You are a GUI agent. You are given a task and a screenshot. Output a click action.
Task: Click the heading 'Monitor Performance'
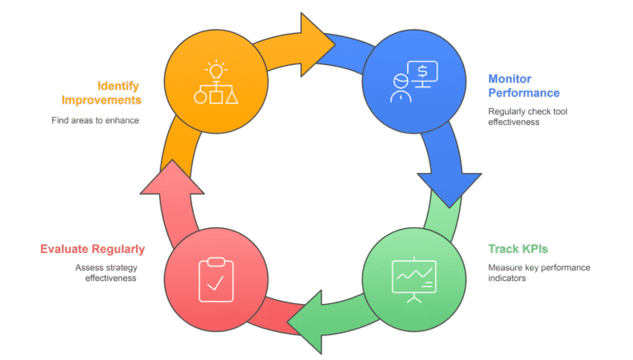(x=523, y=86)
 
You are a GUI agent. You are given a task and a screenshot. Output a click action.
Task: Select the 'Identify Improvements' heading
(x=101, y=93)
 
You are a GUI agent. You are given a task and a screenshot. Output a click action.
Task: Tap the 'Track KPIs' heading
(x=518, y=249)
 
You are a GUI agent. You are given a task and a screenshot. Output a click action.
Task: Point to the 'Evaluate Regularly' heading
(x=92, y=250)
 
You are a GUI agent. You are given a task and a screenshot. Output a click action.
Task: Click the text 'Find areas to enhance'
(x=96, y=120)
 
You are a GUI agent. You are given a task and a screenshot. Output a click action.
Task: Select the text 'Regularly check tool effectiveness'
(x=527, y=117)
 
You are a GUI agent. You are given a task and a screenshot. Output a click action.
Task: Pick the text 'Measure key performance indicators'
(x=539, y=273)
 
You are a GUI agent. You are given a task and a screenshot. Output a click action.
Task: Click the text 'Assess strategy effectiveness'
(x=106, y=273)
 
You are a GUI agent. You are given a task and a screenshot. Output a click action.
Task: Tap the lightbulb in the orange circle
(x=216, y=70)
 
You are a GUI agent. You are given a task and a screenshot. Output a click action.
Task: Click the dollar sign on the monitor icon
(x=422, y=72)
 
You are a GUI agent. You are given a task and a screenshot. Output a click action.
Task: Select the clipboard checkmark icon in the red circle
(x=217, y=280)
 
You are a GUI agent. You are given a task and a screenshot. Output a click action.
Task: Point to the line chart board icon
(x=415, y=280)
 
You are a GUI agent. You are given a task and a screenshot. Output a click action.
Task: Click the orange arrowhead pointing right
(x=316, y=44)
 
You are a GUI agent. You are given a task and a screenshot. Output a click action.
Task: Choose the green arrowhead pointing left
(x=306, y=322)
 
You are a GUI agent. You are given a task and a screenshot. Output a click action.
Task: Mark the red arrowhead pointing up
(x=172, y=178)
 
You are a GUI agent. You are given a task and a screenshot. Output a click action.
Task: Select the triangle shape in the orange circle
(x=232, y=98)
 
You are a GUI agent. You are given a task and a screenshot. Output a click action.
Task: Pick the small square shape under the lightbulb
(x=216, y=97)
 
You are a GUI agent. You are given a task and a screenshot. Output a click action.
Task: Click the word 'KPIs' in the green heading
(x=535, y=249)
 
